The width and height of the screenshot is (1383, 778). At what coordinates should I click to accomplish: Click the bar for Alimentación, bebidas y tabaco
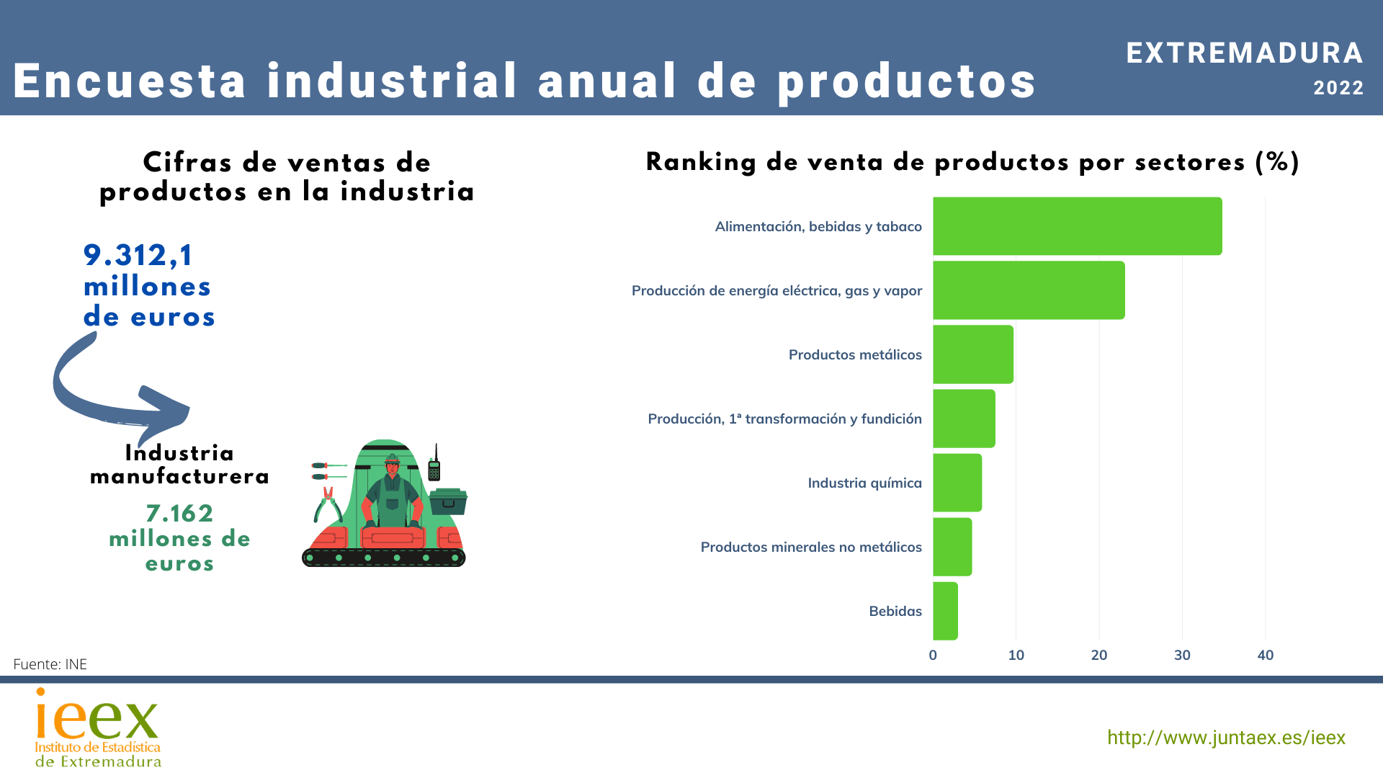(1077, 226)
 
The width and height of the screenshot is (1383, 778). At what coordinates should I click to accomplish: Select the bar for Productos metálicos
(972, 354)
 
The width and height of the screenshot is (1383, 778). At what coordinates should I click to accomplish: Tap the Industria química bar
(957, 483)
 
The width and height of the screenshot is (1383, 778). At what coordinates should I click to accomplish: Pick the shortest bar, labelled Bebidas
(945, 611)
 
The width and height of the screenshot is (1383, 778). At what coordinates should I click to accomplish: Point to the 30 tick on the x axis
(1182, 655)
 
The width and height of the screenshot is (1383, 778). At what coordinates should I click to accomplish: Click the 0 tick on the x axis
(933, 655)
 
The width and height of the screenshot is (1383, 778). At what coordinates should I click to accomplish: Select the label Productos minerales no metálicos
(811, 547)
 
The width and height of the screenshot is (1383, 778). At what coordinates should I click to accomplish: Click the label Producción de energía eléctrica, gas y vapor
(776, 290)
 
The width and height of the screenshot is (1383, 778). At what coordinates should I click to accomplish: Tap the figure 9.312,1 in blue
(138, 255)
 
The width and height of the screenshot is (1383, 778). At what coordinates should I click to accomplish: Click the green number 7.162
(179, 513)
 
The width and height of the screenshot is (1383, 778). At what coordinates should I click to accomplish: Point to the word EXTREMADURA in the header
(1245, 53)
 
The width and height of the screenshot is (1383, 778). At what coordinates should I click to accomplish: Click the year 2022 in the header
(1338, 88)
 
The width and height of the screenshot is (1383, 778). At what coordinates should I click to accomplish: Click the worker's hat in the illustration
(392, 459)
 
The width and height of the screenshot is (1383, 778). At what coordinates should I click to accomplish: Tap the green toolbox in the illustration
(448, 501)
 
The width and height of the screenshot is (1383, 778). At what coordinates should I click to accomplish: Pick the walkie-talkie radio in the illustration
(434, 465)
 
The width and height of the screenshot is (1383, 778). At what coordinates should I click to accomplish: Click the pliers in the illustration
(328, 504)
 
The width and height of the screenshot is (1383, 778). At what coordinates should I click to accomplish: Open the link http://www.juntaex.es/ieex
(1226, 738)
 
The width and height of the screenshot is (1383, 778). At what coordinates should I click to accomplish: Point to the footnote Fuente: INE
(50, 664)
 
